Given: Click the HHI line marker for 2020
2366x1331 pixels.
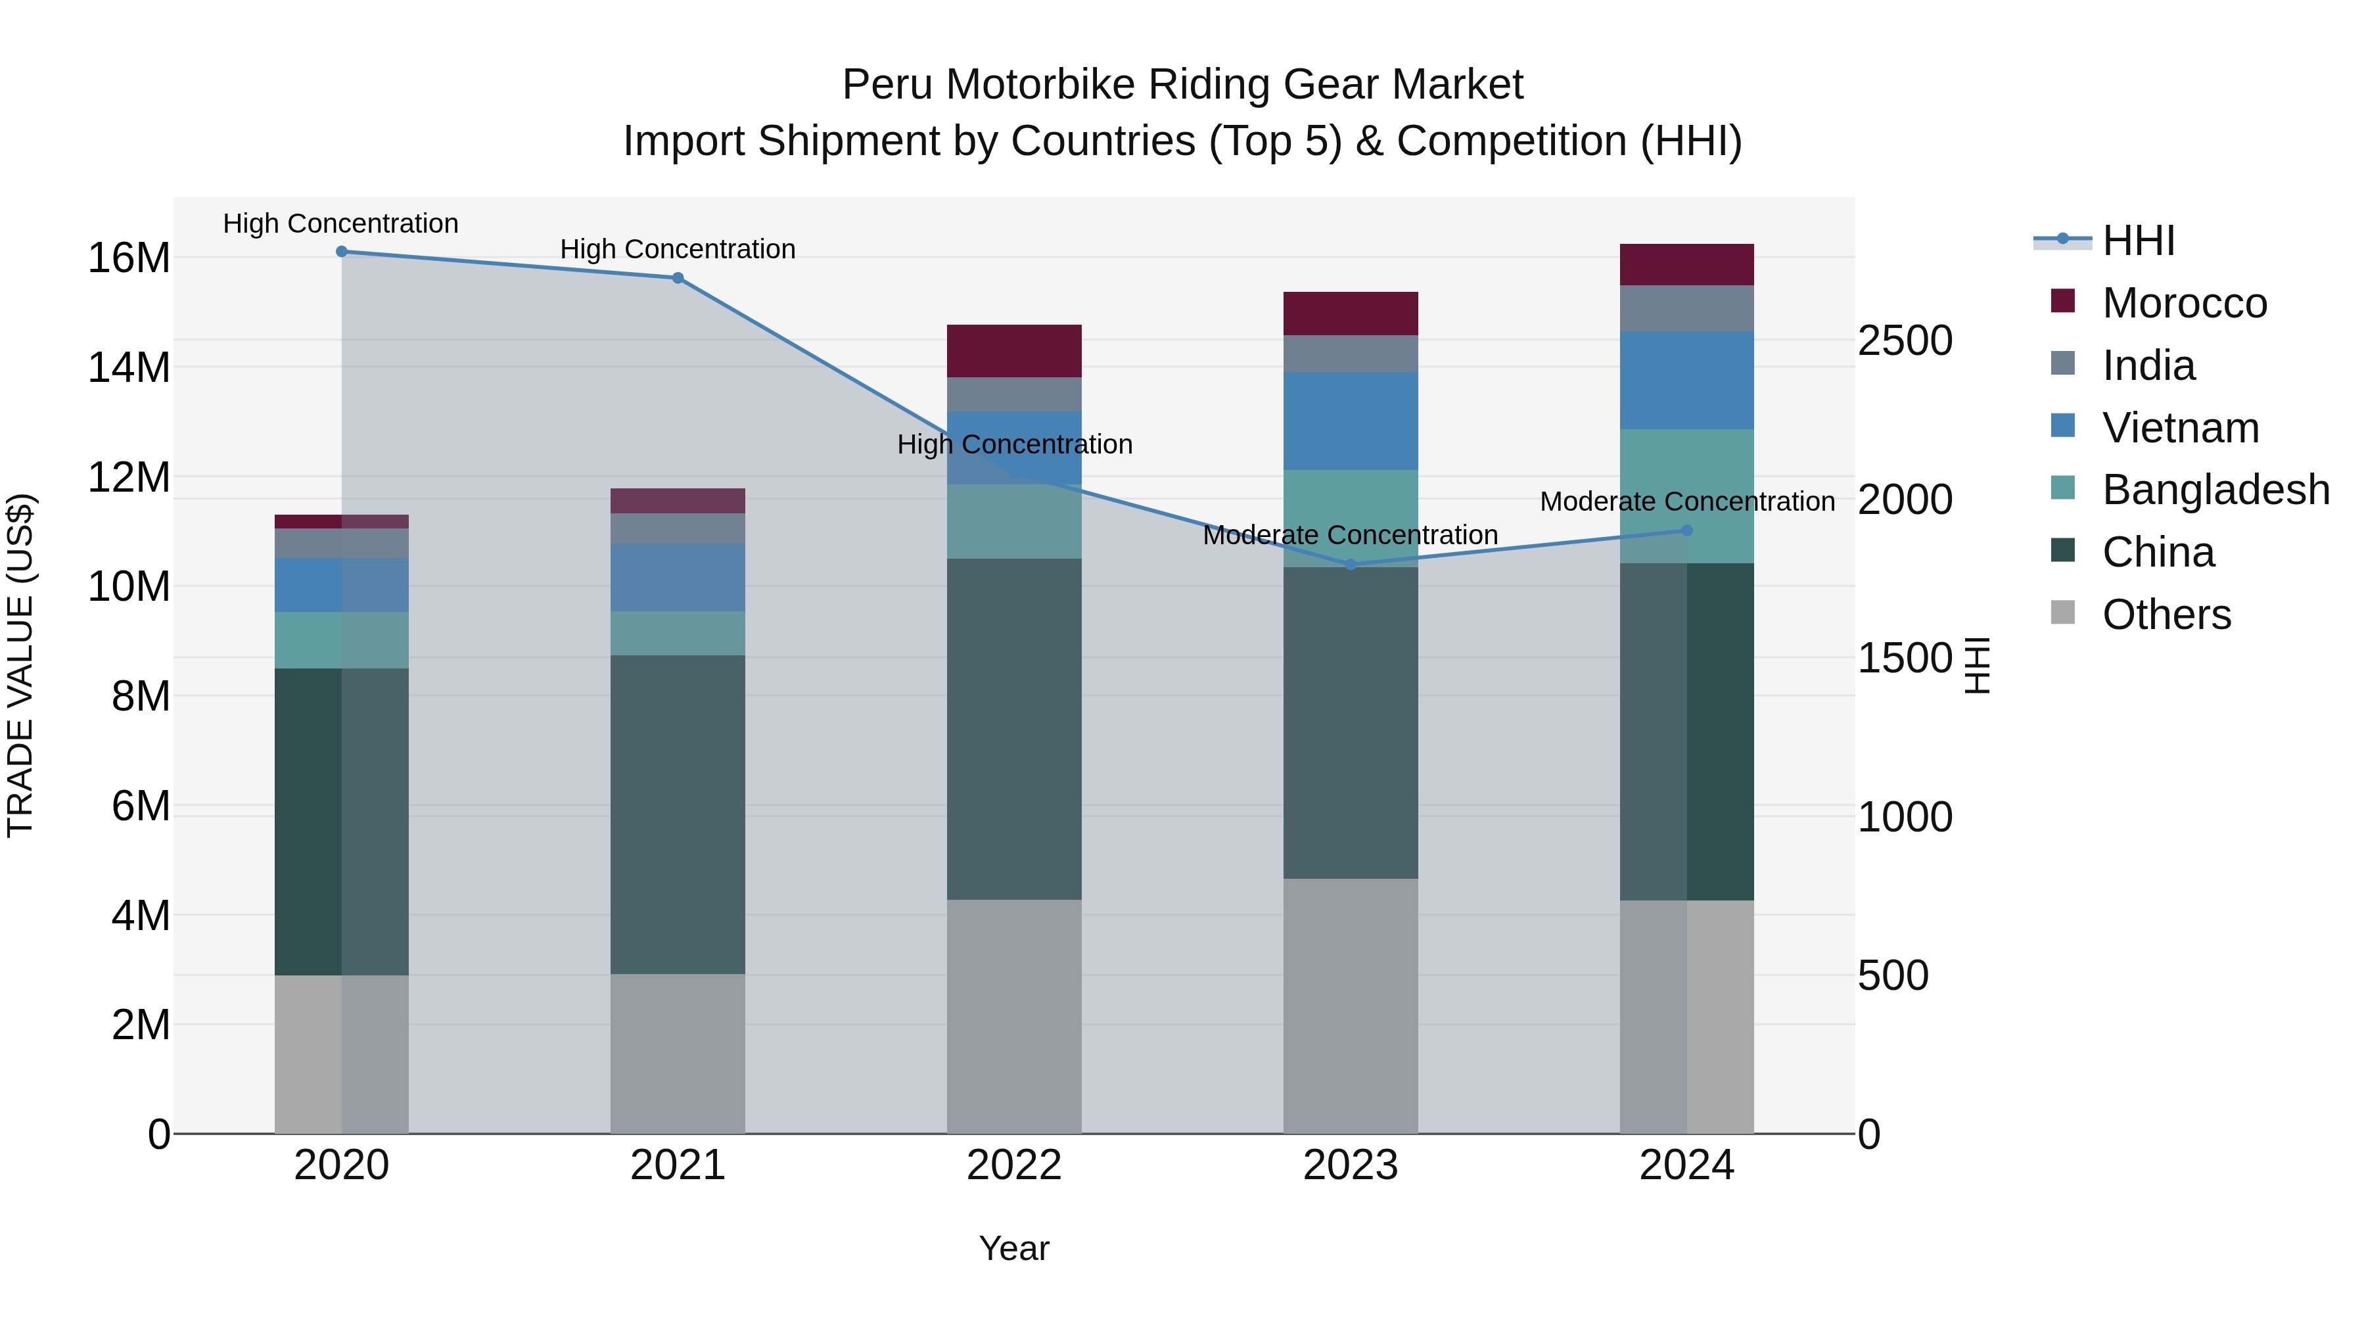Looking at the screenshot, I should [x=342, y=252].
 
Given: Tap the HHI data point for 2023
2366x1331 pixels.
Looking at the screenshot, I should [x=1350, y=565].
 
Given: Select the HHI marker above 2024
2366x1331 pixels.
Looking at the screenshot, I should [x=1686, y=531].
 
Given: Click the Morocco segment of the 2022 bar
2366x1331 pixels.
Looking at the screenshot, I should [x=1014, y=351].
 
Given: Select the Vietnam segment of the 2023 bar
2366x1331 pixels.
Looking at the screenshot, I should [x=1350, y=421].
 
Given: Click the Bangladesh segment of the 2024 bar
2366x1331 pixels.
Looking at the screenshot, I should [x=1686, y=496].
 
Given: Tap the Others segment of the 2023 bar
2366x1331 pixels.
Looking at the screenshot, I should [x=1350, y=1006].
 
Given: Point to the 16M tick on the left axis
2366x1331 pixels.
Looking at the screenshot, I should [x=129, y=258].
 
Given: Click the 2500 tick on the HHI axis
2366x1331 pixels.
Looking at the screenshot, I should [x=1905, y=340].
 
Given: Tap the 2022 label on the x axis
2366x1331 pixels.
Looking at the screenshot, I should [x=1014, y=1165].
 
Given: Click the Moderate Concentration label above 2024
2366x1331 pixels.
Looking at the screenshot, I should [x=1687, y=502].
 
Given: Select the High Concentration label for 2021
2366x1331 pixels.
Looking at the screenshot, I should [x=678, y=249].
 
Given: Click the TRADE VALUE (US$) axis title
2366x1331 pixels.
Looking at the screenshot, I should [x=20, y=665].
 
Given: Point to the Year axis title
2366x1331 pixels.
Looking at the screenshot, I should [x=1014, y=1248].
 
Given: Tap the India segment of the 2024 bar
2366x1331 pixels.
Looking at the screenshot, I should [x=1686, y=309].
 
